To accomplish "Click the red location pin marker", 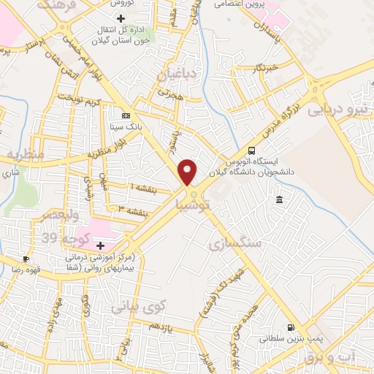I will pyautogui.click(x=188, y=172).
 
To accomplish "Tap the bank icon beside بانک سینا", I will pyautogui.click(x=126, y=116).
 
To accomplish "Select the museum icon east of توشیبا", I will pyautogui.click(x=279, y=200).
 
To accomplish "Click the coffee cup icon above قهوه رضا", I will pyautogui.click(x=26, y=259).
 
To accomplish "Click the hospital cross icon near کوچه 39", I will pyautogui.click(x=100, y=245).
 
